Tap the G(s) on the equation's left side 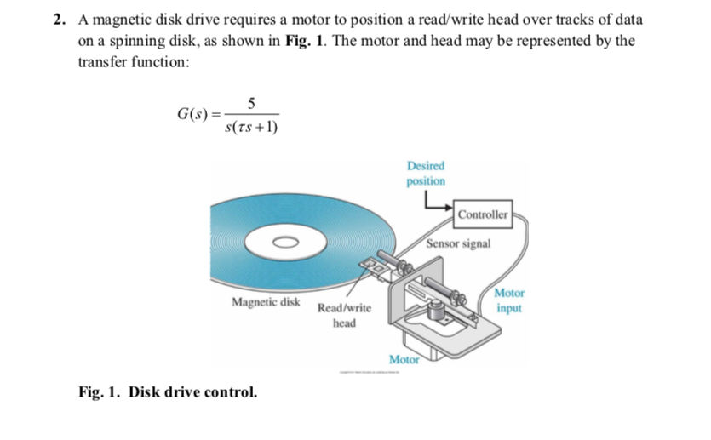pos(192,115)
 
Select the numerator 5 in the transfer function pos(250,105)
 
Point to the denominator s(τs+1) pos(250,128)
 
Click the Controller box pos(482,214)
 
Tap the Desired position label pos(426,174)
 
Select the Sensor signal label pos(458,243)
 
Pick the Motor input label pos(508,300)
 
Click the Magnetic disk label pos(266,302)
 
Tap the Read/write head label pos(343,317)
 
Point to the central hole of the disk pos(284,241)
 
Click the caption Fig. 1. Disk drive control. pos(167,392)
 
